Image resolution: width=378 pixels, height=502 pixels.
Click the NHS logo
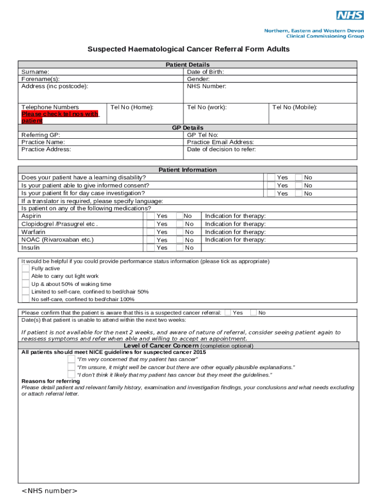pyautogui.click(x=350, y=15)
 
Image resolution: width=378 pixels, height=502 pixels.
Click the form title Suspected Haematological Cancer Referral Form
pyautogui.click(x=189, y=49)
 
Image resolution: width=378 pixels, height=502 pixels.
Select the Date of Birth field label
pyautogui.click(x=205, y=72)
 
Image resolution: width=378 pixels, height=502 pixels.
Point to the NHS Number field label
pyautogui.click(x=206, y=86)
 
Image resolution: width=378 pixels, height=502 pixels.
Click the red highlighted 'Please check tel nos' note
pyautogui.click(x=60, y=117)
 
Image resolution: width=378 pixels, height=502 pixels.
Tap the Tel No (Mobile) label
pyautogui.click(x=295, y=107)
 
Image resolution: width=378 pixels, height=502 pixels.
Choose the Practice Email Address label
pyautogui.click(x=220, y=142)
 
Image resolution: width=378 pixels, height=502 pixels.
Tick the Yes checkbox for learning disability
pyautogui.click(x=271, y=177)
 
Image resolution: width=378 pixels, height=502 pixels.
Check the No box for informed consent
pyautogui.click(x=298, y=185)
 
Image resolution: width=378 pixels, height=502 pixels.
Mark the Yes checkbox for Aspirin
pyautogui.click(x=150, y=216)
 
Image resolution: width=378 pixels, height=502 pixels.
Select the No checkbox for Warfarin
pyautogui.click(x=180, y=232)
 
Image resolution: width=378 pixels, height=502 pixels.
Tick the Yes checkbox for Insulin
pyautogui.click(x=150, y=248)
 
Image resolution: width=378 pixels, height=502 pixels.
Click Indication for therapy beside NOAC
pyautogui.click(x=235, y=240)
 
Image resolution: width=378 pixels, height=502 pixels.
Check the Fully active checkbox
pyautogui.click(x=26, y=268)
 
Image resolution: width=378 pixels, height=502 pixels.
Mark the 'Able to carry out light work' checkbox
pyautogui.click(x=26, y=276)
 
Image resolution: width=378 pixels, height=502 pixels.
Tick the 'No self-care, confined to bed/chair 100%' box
pyautogui.click(x=26, y=299)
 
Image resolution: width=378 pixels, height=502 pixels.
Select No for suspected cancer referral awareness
pyautogui.click(x=253, y=313)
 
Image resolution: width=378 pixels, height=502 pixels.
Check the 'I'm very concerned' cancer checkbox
pyautogui.click(x=72, y=359)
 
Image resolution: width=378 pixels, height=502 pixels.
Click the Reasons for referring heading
pyautogui.click(x=51, y=381)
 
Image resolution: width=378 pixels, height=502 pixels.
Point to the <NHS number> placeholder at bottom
pyautogui.click(x=50, y=491)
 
